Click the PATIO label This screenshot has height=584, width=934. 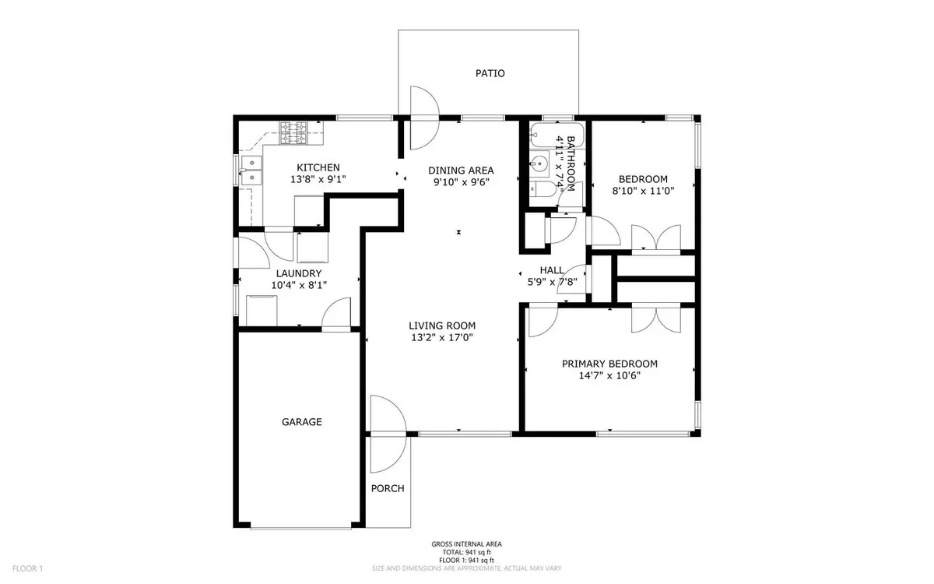click(490, 73)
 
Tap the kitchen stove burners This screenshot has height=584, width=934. click(293, 132)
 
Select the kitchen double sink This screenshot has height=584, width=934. click(251, 171)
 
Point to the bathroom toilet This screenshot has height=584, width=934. click(543, 190)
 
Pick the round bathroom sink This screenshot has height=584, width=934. click(539, 164)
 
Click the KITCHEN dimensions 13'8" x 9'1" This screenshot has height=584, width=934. click(318, 179)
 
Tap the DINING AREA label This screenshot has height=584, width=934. click(461, 171)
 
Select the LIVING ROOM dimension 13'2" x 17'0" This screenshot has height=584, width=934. click(442, 337)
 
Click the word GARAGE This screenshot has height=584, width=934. click(302, 422)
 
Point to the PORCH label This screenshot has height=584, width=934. click(388, 488)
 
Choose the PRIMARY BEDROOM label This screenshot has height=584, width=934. click(609, 364)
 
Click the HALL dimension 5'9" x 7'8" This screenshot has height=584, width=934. click(553, 283)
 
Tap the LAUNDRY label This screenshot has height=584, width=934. click(299, 273)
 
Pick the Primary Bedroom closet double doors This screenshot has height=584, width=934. click(656, 320)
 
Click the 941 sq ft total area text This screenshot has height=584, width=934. click(466, 552)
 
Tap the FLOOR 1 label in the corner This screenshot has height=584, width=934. click(27, 568)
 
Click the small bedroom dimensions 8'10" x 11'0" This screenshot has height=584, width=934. click(643, 191)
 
